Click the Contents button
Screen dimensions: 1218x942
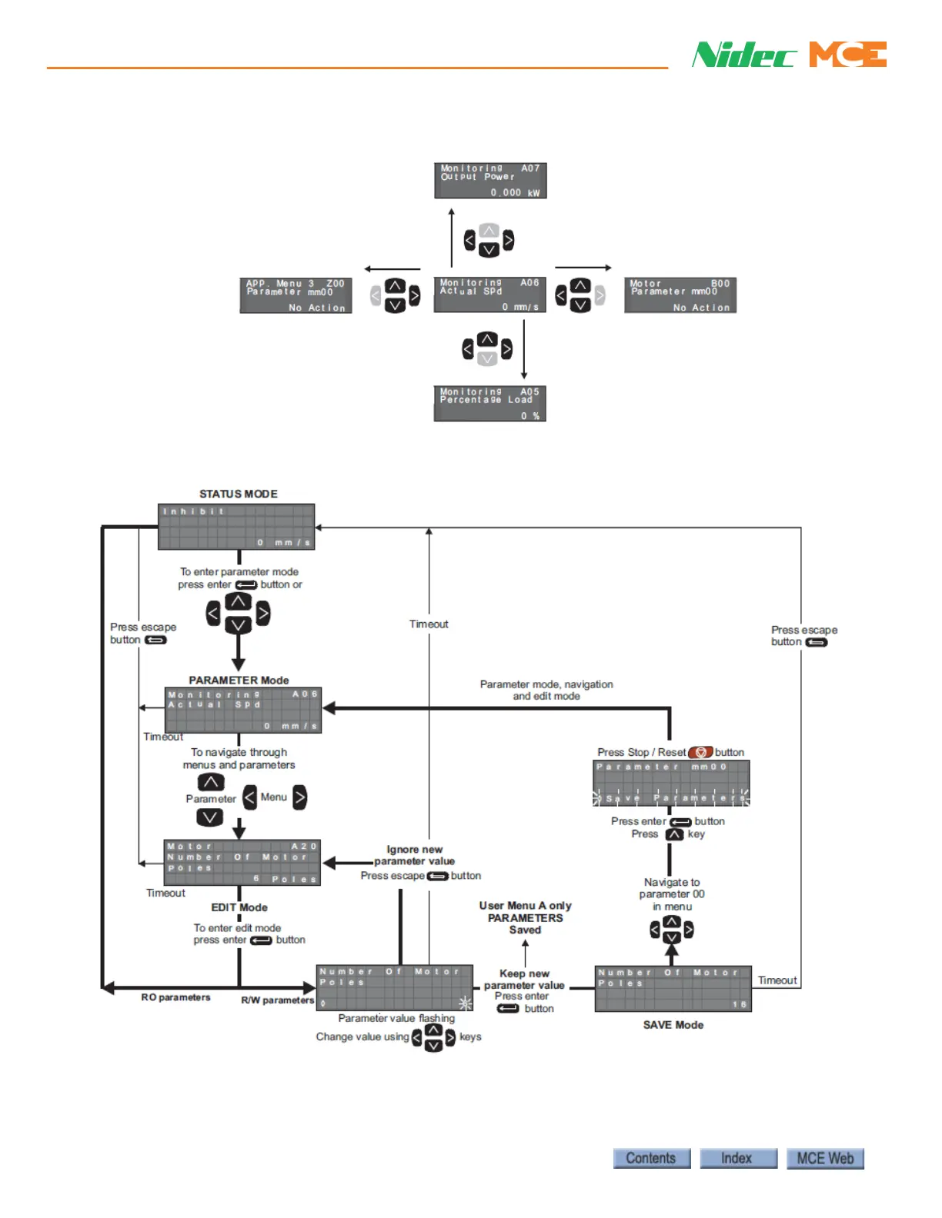[x=651, y=1158]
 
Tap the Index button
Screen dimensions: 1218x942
[x=737, y=1158]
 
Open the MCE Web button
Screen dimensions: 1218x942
[x=824, y=1158]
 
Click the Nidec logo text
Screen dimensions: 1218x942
[x=743, y=55]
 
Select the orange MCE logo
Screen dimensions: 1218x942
[x=847, y=55]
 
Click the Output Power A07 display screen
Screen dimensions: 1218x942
[x=490, y=181]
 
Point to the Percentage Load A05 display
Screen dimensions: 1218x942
[x=490, y=404]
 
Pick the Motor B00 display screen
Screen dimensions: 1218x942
[x=680, y=295]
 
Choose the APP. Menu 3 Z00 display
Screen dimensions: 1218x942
[x=296, y=295]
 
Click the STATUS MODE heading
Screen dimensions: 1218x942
[x=239, y=494]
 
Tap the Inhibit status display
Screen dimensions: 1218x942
[x=236, y=527]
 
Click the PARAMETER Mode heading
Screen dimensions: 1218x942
[x=239, y=680]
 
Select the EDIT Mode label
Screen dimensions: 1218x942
[x=239, y=907]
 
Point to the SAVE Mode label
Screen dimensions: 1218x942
[x=673, y=1025]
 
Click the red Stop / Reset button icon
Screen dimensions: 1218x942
[x=700, y=752]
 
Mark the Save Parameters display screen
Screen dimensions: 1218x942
[x=671, y=783]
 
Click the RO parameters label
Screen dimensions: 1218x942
[x=175, y=997]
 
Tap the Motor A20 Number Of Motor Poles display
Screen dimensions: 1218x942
[x=242, y=863]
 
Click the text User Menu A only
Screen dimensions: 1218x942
[x=525, y=906]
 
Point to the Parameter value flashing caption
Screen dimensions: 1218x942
[x=396, y=1018]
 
